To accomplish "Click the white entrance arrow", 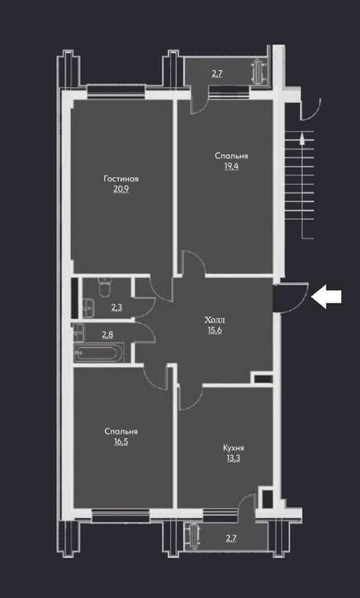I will (327, 297).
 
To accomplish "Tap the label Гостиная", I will (121, 179).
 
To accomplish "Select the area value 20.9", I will (121, 190).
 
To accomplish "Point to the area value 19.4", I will (231, 169).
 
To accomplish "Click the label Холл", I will (215, 319).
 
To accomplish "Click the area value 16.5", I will (121, 443).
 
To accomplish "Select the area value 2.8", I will (108, 335).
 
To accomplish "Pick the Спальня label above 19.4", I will (231, 157).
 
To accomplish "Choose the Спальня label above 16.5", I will (121, 432).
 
